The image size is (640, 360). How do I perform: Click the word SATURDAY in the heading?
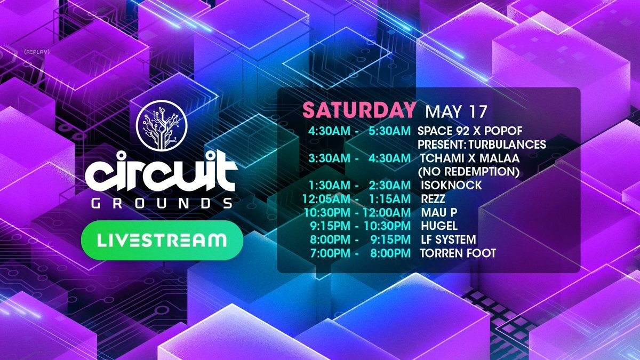point(359,110)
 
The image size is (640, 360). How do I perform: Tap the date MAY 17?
point(456,111)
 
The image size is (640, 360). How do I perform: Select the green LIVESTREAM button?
point(162,240)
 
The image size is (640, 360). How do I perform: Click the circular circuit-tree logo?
point(162,125)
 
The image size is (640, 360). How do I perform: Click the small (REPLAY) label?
point(37,52)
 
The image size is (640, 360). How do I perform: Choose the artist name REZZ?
point(433,199)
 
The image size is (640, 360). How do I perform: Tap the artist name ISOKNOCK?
point(451,185)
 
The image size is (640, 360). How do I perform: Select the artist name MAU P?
point(439,212)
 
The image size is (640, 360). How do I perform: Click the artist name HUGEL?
point(439,226)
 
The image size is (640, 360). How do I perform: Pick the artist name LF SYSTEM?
point(449,239)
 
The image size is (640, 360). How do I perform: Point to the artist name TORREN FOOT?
point(458,253)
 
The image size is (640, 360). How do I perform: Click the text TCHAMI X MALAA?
point(470,158)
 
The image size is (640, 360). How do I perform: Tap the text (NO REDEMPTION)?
point(469,172)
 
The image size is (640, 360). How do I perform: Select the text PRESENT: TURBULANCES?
point(482,145)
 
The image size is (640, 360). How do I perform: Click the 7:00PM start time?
point(330,253)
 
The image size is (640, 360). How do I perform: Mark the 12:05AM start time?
point(326,199)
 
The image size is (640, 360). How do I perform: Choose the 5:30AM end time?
point(389,131)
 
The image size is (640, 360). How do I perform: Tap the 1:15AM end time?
point(390,199)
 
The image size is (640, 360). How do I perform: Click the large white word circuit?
point(162,171)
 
